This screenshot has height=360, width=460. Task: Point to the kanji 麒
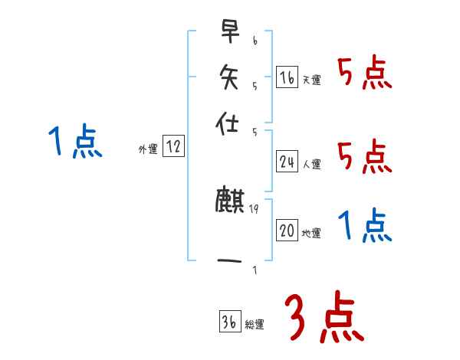point(229,201)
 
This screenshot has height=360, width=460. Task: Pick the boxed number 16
point(287,77)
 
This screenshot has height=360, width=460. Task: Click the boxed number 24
point(287,162)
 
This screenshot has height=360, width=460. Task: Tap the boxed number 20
point(287,231)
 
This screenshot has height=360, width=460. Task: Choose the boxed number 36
point(229,322)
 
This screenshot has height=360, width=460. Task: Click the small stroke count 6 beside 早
point(255,40)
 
